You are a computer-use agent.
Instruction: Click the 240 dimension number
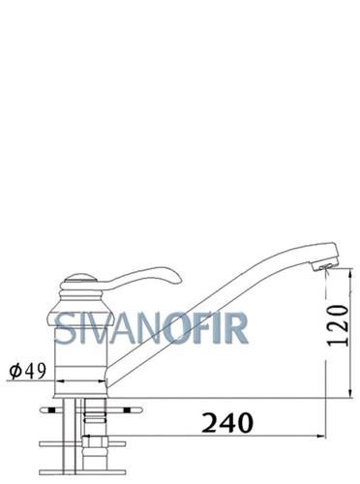point(227,422)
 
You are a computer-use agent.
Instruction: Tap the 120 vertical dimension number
point(338,325)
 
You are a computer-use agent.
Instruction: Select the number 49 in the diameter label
point(36,371)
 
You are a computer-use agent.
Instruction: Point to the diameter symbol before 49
point(15,371)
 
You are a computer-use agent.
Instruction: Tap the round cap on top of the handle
point(80,278)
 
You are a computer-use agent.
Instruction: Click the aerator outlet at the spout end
point(326,266)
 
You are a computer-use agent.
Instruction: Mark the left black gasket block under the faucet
point(51,410)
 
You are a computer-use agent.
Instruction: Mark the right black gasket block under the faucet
point(128,410)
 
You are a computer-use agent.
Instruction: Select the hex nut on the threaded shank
point(95,441)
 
